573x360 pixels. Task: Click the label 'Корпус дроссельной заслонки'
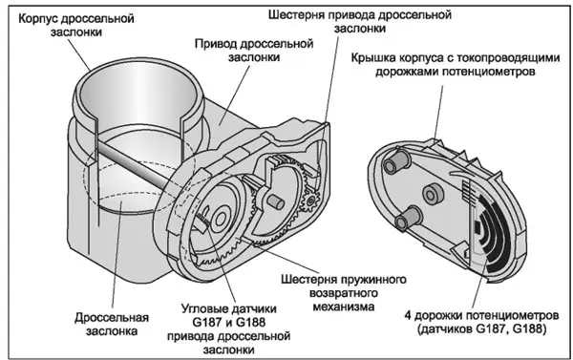pyautogui.click(x=76, y=25)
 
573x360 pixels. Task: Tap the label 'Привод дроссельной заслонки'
pyautogui.click(x=254, y=50)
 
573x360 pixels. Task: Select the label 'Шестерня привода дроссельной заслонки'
pyautogui.click(x=360, y=21)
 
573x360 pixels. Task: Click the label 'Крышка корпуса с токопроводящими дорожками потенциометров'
pyautogui.click(x=456, y=64)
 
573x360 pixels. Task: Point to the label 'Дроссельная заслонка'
pyautogui.click(x=112, y=324)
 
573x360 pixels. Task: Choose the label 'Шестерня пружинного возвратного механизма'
pyautogui.click(x=344, y=293)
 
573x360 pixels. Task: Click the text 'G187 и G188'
pyautogui.click(x=228, y=323)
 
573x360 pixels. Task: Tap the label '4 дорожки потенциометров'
pyautogui.click(x=481, y=315)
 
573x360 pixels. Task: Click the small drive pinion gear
pyautogui.click(x=310, y=200)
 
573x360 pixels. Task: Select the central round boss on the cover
pyautogui.click(x=433, y=193)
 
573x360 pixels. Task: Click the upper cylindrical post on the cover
pyautogui.click(x=397, y=161)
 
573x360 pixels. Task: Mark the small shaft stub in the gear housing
pyautogui.click(x=276, y=201)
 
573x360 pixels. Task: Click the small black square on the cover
pyautogui.click(x=477, y=227)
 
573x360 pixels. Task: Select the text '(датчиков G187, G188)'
pyautogui.click(x=481, y=328)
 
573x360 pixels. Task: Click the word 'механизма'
pyautogui.click(x=344, y=307)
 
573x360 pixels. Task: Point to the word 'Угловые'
pyautogui.click(x=204, y=309)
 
